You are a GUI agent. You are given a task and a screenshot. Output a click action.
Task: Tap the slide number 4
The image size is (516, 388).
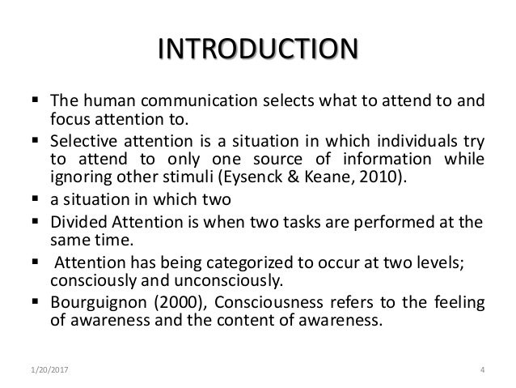(x=482, y=372)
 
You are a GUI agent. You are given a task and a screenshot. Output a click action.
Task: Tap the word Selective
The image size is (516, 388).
(x=77, y=139)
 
